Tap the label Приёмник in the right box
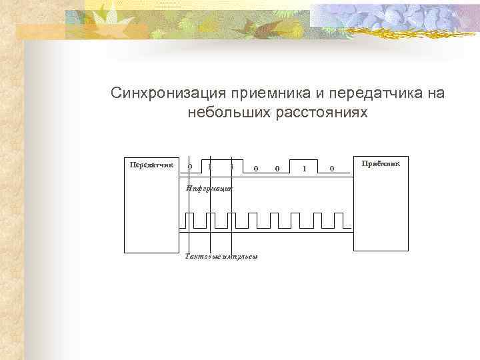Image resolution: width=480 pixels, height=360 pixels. [381, 163]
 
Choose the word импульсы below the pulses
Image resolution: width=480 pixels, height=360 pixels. [239, 257]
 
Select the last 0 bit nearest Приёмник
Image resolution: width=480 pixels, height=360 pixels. [332, 169]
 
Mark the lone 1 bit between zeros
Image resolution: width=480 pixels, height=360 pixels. [305, 169]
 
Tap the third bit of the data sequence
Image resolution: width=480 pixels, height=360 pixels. [231, 166]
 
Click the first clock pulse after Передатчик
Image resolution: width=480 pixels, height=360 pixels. [190, 219]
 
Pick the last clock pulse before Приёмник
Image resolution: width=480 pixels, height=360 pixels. [339, 219]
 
